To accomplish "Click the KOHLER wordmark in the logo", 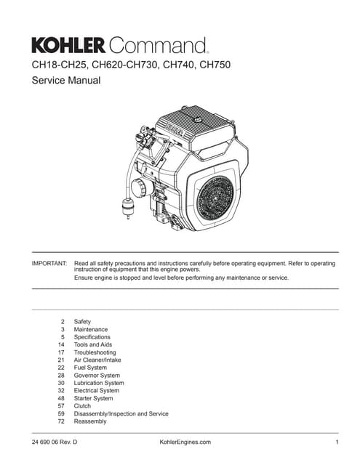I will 69,46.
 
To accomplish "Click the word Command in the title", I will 157,46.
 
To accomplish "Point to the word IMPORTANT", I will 49,263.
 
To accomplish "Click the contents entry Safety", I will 83,321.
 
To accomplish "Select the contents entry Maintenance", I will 91,329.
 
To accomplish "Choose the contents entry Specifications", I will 92,337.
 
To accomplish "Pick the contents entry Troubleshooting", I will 95,352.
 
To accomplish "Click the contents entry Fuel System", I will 90,368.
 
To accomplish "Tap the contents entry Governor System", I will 97,376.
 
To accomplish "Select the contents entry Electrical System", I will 97,391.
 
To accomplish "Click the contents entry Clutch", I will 83,406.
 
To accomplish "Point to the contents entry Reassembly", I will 90,421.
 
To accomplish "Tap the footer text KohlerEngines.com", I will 185,442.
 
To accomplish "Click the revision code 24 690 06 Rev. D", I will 55,442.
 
